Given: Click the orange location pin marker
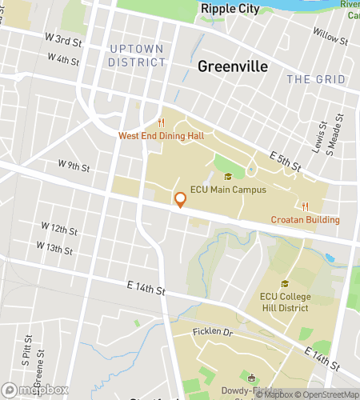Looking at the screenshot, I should click(181, 200).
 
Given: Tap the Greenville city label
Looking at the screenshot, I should click(232, 66).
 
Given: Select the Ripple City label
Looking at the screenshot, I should click(230, 8).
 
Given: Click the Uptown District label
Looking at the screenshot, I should click(136, 55).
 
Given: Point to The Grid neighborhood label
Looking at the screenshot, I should click(316, 79).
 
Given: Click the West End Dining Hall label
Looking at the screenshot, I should click(162, 136).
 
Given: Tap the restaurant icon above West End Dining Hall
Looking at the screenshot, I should click(162, 122).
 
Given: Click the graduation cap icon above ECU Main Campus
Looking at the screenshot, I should click(228, 177).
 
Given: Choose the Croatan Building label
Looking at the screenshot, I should click(305, 220).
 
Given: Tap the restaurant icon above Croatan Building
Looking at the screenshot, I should click(305, 206).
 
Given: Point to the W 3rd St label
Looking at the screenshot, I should click(62, 39).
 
